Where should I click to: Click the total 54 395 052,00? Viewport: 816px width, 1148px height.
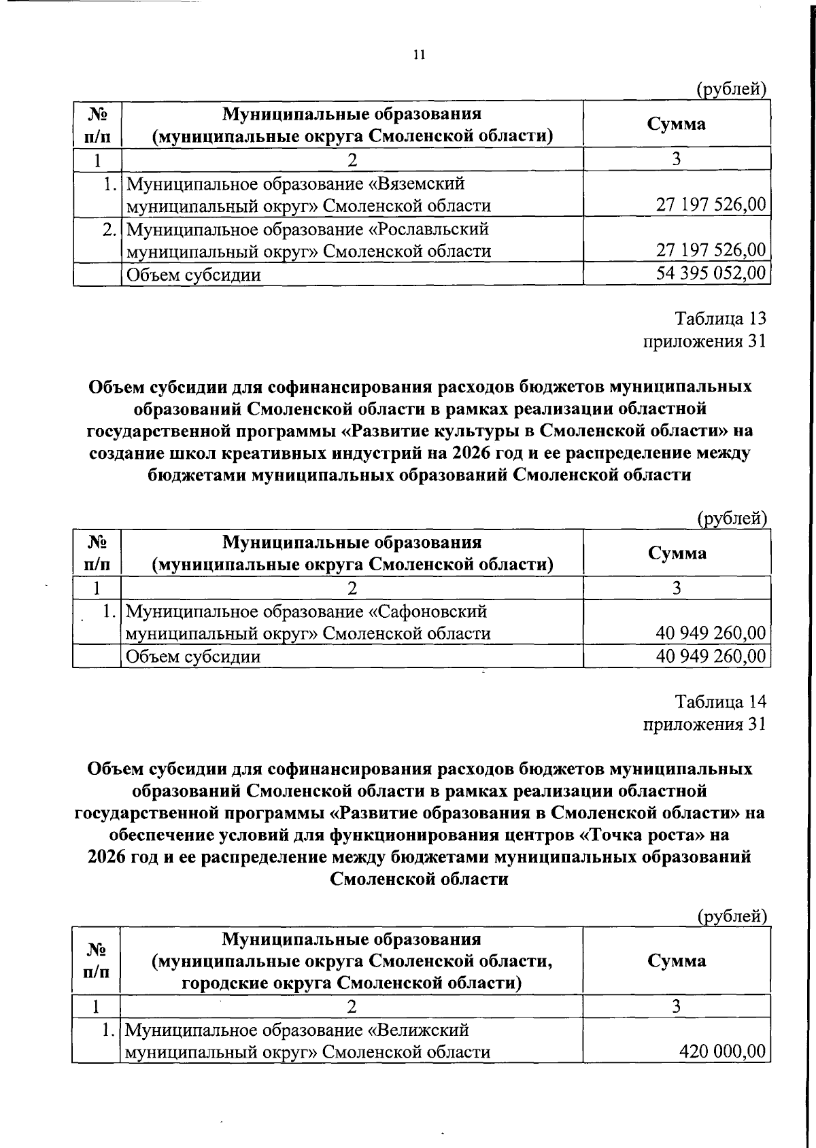pyautogui.click(x=711, y=274)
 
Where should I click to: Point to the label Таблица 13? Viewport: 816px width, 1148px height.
pyautogui.click(x=720, y=318)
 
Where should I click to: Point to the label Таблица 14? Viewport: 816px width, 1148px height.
pyautogui.click(x=720, y=701)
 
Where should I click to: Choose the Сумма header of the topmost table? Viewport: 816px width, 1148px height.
pyautogui.click(x=676, y=124)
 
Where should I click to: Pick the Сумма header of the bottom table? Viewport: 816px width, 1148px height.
pyautogui.click(x=676, y=960)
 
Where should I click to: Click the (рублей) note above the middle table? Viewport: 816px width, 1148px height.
pyautogui.click(x=733, y=519)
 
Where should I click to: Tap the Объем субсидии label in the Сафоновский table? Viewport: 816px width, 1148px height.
pyautogui.click(x=193, y=657)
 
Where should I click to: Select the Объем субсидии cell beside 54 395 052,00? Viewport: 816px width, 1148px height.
pyautogui.click(x=193, y=275)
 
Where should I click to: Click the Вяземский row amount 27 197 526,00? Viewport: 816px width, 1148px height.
pyautogui.click(x=711, y=205)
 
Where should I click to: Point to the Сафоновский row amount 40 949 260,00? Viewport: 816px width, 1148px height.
pyautogui.click(x=711, y=633)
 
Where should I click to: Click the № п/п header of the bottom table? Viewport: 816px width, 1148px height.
pyautogui.click(x=96, y=960)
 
